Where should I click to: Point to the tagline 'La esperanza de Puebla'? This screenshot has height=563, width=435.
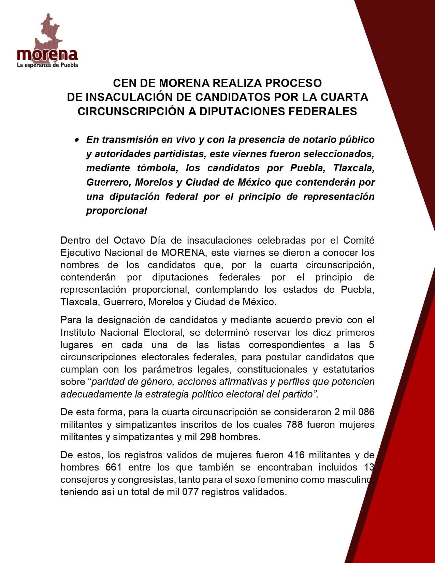click(x=47, y=65)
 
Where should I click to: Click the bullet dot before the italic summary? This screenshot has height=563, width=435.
click(x=77, y=140)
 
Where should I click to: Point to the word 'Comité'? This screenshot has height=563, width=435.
click(x=359, y=240)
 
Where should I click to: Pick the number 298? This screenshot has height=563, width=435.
click(x=208, y=437)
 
